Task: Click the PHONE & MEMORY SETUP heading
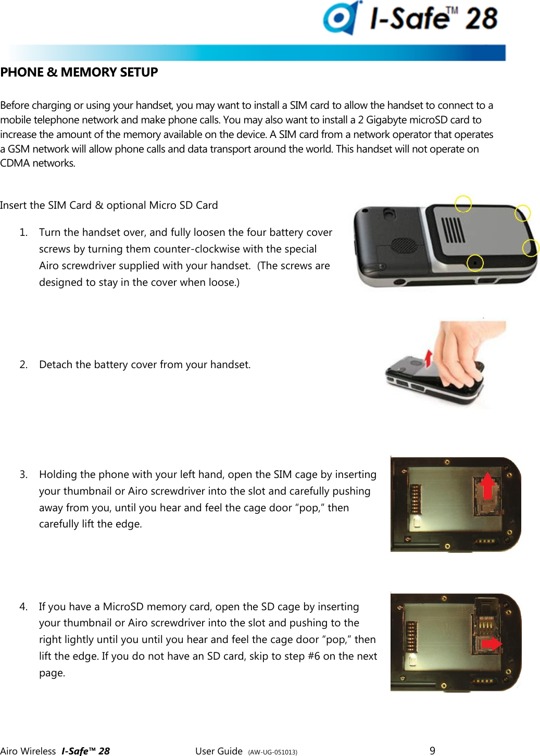(79, 72)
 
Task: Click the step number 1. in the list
(23, 232)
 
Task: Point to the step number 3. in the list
(23, 474)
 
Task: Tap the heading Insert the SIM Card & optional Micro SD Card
(109, 205)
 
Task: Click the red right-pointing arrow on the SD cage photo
(491, 644)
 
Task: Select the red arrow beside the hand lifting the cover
(428, 358)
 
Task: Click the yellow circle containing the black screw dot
(474, 262)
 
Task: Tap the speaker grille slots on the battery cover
(453, 230)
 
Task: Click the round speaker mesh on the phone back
(403, 245)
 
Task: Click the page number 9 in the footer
(432, 750)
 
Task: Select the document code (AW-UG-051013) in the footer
(272, 752)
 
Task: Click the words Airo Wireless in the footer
(28, 751)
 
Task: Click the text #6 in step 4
(313, 656)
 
